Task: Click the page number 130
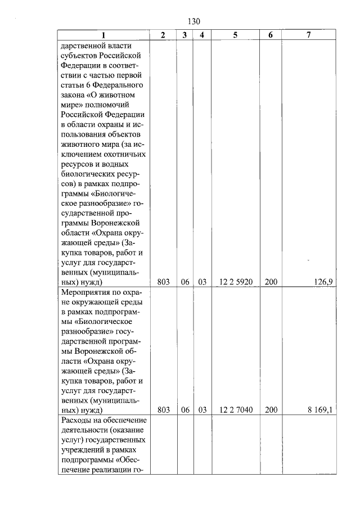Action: coord(193,21)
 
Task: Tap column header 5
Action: coord(235,35)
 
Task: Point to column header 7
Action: coord(309,35)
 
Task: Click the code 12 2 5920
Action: coord(235,282)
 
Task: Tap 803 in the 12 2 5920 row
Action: coord(164,282)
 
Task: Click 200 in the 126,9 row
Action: coord(271,282)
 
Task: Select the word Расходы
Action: coord(77,421)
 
